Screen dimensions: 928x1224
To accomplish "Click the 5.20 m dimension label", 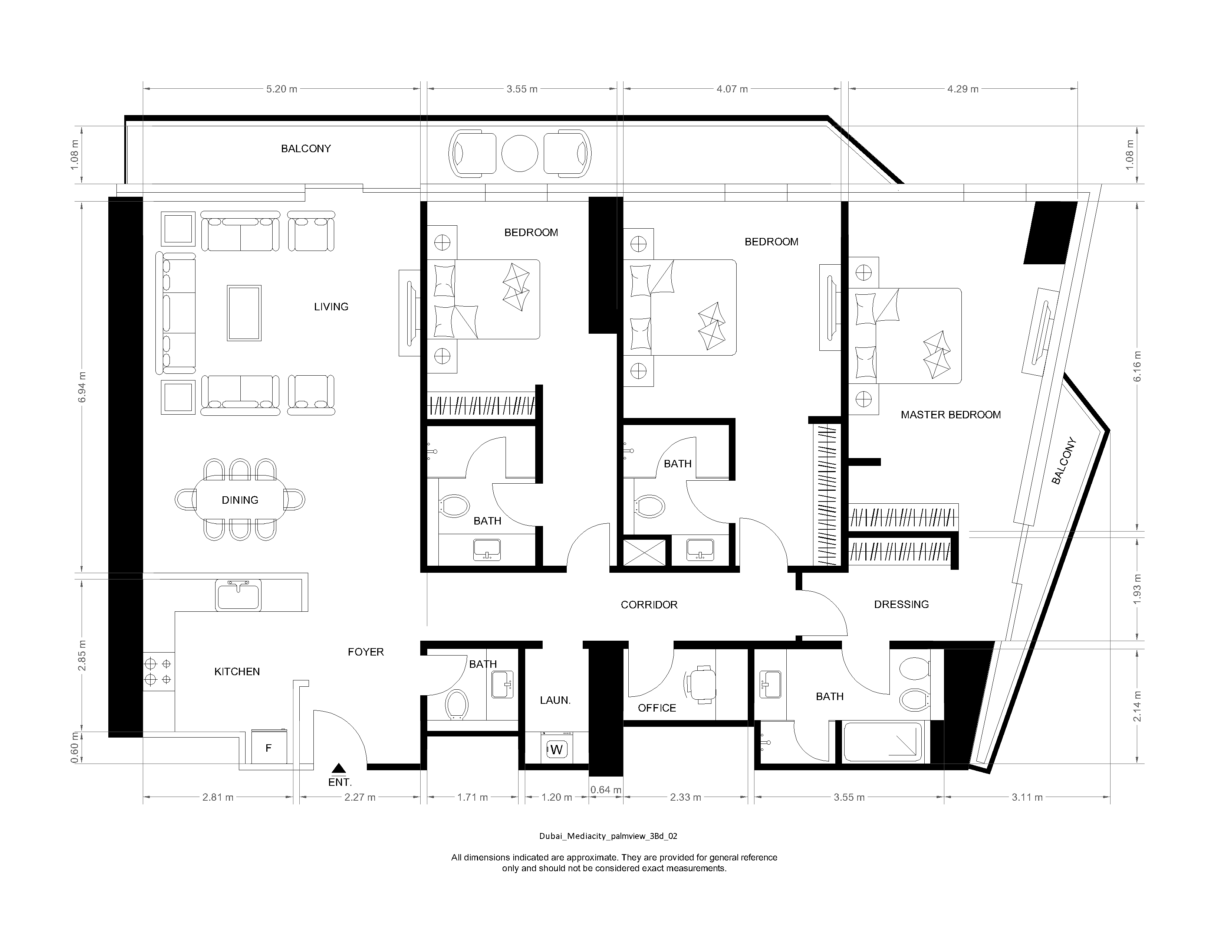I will click(x=282, y=89).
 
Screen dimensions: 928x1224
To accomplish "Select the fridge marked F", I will click(x=269, y=748).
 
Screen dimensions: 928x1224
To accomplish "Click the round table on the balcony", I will click(x=520, y=153).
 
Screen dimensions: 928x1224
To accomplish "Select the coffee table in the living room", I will click(x=244, y=313).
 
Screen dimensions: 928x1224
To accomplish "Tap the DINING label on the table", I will click(x=240, y=500).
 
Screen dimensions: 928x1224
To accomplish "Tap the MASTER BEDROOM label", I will click(x=950, y=415).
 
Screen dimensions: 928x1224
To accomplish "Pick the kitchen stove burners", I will click(x=158, y=671).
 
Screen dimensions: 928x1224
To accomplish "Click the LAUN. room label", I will click(x=555, y=700).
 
